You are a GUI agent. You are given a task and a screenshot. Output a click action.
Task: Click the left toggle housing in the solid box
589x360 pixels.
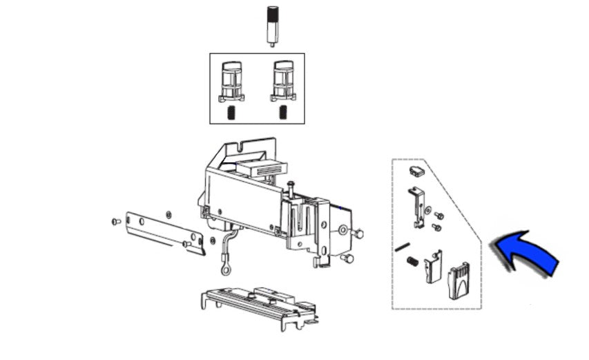click(x=232, y=81)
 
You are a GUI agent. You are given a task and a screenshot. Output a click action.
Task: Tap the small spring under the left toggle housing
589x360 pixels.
click(x=233, y=113)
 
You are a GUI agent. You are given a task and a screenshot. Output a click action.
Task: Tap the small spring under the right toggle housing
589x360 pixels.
click(x=282, y=113)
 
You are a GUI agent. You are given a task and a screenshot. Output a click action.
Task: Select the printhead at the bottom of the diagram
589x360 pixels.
click(x=259, y=304)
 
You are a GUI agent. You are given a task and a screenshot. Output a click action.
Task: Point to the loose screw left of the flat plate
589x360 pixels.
click(x=115, y=222)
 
